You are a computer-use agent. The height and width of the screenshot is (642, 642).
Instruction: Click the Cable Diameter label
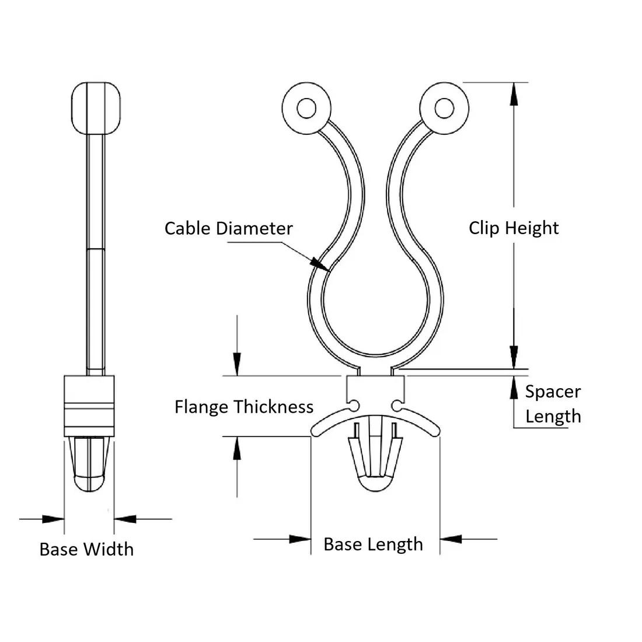click(x=228, y=228)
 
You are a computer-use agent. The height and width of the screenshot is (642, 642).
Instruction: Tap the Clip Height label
click(x=514, y=228)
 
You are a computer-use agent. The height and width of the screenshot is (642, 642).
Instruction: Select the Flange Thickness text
click(x=244, y=407)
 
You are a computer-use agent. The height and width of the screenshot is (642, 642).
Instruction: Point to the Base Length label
click(x=373, y=545)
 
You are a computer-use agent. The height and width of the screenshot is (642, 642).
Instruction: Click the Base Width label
click(x=87, y=549)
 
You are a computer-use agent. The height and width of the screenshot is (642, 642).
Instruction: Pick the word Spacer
click(x=553, y=392)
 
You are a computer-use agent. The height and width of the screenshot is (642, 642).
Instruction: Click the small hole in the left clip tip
click(x=306, y=109)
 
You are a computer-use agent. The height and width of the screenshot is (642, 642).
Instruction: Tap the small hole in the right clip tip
click(x=444, y=109)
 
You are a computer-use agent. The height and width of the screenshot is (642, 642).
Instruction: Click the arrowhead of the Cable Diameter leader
click(x=320, y=264)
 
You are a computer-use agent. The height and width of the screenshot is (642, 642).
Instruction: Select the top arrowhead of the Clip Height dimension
click(x=514, y=94)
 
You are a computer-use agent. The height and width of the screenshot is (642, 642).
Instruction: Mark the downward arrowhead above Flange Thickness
click(x=237, y=364)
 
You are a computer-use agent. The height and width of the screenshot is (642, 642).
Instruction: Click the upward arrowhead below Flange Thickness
click(x=237, y=448)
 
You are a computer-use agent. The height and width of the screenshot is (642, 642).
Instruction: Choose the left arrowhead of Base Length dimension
click(x=300, y=539)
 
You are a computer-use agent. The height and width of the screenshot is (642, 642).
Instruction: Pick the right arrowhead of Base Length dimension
click(x=451, y=539)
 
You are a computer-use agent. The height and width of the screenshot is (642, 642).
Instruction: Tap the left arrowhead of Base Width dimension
click(x=53, y=519)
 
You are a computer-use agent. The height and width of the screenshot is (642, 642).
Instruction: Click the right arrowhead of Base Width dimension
click(x=125, y=519)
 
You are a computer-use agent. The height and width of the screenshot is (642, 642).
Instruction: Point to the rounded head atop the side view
click(x=96, y=108)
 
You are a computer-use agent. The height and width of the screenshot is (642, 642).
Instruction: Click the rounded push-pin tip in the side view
click(x=89, y=483)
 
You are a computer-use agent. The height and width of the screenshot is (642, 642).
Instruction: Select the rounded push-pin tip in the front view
click(x=375, y=483)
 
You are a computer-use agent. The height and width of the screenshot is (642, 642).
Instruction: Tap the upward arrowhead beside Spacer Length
click(x=514, y=388)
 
